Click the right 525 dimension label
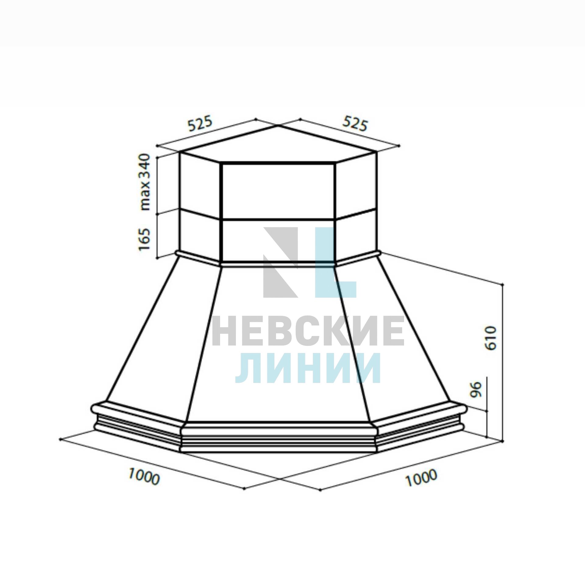point(355,123)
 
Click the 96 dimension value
point(476,390)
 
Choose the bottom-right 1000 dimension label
point(422,478)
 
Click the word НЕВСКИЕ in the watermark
point(308,331)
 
